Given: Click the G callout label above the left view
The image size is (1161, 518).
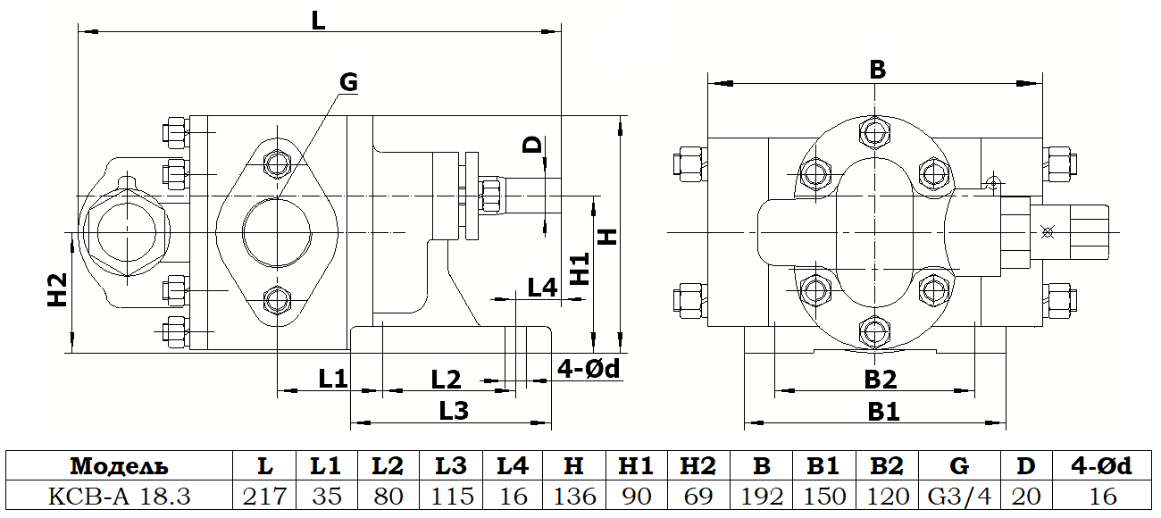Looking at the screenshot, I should pyautogui.click(x=348, y=82).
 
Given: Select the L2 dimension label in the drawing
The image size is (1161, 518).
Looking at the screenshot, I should pyautogui.click(x=446, y=380).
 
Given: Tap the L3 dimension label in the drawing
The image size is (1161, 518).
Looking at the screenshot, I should pyautogui.click(x=454, y=411).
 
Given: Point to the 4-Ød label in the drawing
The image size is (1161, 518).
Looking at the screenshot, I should pyautogui.click(x=588, y=369).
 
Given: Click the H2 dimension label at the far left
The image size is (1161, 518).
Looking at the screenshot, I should pyautogui.click(x=57, y=290).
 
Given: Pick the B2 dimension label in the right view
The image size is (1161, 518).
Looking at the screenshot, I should pyautogui.click(x=880, y=380).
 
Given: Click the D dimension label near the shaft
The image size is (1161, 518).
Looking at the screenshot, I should pyautogui.click(x=532, y=145).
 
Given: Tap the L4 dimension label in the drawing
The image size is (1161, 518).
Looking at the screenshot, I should pyautogui.click(x=542, y=288).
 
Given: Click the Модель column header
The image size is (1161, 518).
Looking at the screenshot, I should pyautogui.click(x=119, y=466).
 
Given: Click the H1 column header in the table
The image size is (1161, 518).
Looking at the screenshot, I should pyautogui.click(x=636, y=466).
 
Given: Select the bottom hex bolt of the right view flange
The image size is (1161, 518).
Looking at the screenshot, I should pyautogui.click(x=874, y=331).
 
